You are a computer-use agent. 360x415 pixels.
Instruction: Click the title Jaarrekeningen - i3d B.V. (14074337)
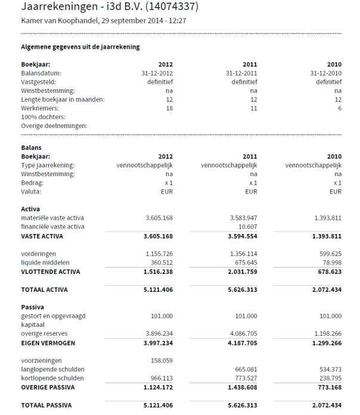[x=110, y=8]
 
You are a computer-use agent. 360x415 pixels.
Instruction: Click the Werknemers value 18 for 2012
[x=169, y=108]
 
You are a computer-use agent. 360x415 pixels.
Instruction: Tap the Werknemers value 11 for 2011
[x=253, y=108]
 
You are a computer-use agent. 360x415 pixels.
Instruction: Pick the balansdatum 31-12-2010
[x=325, y=73]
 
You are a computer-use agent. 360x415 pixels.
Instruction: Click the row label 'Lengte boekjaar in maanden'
[x=63, y=99]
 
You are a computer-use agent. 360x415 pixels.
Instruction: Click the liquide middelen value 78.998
[x=330, y=263]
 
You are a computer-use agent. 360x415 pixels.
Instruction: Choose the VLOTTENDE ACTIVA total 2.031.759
[x=239, y=272]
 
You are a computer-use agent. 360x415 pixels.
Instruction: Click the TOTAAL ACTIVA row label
[x=45, y=290]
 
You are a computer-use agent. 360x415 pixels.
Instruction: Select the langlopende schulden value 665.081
[x=244, y=369]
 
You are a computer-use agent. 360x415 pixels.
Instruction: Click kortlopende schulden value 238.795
[x=328, y=378]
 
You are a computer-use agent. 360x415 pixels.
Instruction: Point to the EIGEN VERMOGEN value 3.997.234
[x=154, y=342]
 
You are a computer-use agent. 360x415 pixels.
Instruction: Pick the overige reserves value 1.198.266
[x=324, y=333]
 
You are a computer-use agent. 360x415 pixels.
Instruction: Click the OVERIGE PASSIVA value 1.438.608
[x=239, y=387]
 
